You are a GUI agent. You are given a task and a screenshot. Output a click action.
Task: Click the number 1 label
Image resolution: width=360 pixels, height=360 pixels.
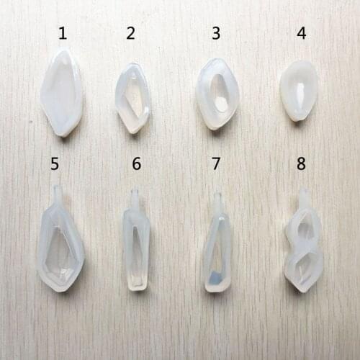(x=63, y=33)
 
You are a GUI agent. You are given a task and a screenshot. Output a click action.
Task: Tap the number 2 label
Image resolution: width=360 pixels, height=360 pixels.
(x=130, y=33)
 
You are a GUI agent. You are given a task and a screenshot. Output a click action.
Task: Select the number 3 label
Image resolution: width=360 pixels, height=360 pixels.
(x=216, y=33)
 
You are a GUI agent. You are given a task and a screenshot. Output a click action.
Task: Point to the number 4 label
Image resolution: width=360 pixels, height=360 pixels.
(x=301, y=33)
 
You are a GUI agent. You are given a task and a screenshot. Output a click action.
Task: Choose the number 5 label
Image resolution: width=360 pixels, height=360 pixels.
(x=55, y=164)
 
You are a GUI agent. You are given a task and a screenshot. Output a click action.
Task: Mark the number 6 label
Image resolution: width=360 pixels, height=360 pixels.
(x=136, y=164)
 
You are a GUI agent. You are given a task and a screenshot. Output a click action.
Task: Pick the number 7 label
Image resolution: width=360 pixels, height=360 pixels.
(x=216, y=164)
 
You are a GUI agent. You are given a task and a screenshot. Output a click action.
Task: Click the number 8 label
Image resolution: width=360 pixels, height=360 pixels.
(x=301, y=164)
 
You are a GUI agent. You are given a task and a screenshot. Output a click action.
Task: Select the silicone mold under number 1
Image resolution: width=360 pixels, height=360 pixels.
(x=62, y=92)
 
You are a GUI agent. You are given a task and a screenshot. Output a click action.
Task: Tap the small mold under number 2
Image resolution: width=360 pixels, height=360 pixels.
(x=132, y=97)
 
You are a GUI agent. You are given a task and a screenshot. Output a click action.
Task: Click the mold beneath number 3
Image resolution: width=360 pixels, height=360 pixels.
(x=217, y=94)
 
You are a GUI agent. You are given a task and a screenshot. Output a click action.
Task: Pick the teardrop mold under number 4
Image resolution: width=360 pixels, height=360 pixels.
(x=299, y=90)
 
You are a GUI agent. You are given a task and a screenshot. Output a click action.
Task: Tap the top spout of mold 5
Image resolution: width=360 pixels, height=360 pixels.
(x=58, y=194)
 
